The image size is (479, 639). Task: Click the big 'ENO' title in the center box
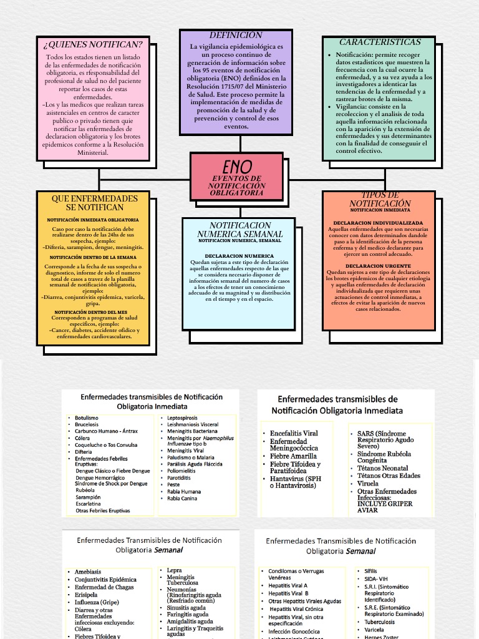click(x=238, y=167)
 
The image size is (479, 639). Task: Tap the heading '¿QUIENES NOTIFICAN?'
click(x=93, y=44)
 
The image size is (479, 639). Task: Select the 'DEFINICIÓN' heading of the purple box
click(x=227, y=35)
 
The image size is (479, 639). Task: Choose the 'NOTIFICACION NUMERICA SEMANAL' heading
click(x=240, y=230)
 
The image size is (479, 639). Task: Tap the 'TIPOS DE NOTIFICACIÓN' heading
click(x=380, y=200)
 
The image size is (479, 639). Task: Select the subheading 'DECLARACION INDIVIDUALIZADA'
click(x=378, y=223)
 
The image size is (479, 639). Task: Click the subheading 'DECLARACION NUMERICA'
click(x=239, y=256)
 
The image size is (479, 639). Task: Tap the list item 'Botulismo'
click(x=87, y=417)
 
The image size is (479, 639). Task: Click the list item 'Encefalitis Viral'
click(x=294, y=433)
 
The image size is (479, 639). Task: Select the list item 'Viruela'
click(x=368, y=484)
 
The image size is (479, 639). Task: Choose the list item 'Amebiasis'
click(x=88, y=572)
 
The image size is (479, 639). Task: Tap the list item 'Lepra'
click(x=175, y=570)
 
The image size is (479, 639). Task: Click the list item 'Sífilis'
click(x=370, y=571)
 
